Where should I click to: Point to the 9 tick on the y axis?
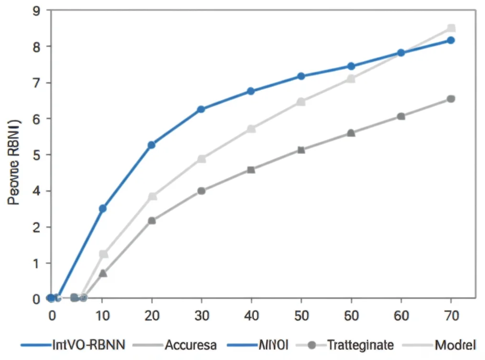pos(35,10)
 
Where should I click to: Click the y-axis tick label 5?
pos(35,155)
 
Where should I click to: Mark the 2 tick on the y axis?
pos(35,227)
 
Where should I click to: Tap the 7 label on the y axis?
pos(35,83)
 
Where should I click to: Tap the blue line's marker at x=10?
pos(102,208)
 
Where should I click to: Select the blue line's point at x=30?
pos(201,109)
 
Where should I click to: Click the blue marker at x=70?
pos(451,40)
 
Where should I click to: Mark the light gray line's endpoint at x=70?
pos(451,28)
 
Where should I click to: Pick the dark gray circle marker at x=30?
pos(201,191)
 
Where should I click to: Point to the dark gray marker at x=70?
pos(451,99)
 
